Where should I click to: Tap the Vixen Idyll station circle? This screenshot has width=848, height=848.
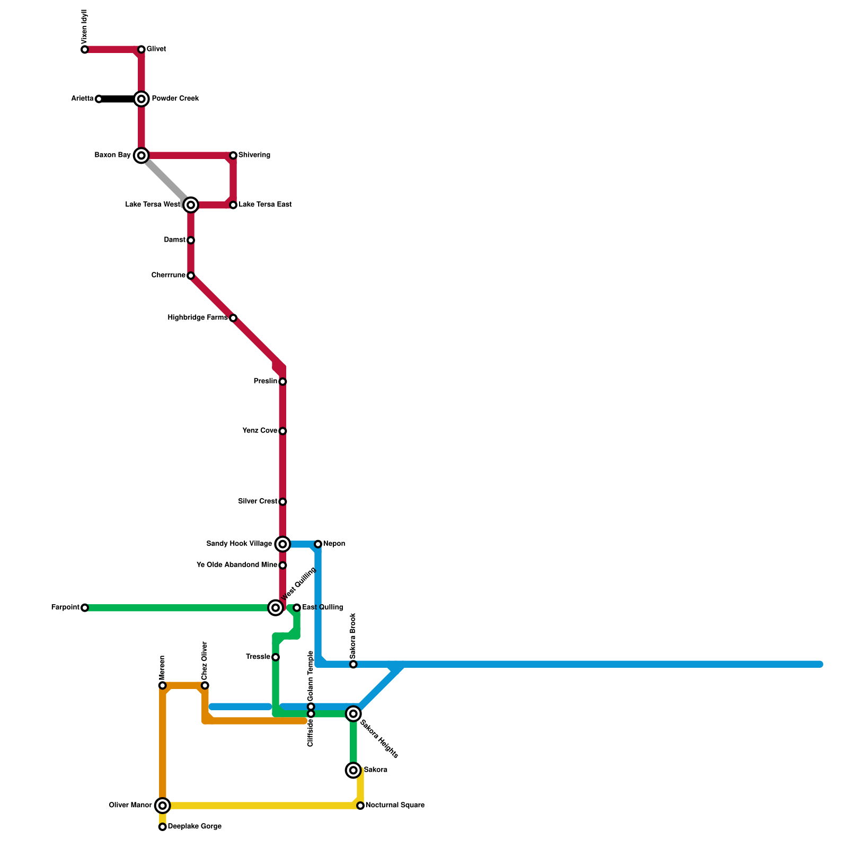85,50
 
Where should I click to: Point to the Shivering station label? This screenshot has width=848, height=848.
254,155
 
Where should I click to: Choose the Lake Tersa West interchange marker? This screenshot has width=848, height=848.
191,205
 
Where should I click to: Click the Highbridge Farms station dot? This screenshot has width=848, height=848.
233,318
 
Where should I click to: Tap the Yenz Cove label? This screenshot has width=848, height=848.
260,431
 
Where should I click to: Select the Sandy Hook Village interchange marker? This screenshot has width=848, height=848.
283,544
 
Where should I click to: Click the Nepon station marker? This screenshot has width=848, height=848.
318,544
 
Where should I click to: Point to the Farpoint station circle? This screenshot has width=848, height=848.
85,608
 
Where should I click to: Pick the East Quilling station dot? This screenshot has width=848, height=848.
297,607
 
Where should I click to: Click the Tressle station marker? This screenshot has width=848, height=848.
276,657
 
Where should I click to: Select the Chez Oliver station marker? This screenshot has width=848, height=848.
205,686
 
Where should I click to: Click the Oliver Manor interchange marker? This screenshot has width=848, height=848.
163,806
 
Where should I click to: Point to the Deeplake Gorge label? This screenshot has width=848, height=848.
195,827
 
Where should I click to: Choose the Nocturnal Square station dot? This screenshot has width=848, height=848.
360,806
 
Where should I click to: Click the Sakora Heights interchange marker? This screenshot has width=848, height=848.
354,714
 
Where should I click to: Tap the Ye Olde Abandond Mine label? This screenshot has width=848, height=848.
236,565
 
